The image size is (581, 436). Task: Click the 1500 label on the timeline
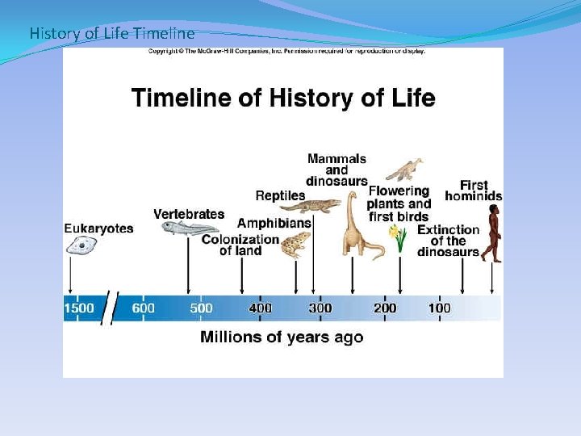click(x=79, y=308)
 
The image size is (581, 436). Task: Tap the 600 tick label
click(x=144, y=308)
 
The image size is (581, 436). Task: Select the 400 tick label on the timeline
click(x=260, y=308)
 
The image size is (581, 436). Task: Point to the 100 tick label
click(x=440, y=308)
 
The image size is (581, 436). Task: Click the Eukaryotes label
click(x=98, y=228)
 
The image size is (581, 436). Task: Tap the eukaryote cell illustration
click(x=82, y=245)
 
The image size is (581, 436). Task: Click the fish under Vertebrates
click(x=190, y=228)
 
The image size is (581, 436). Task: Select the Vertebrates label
click(x=189, y=214)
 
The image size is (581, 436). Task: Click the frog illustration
click(x=295, y=245)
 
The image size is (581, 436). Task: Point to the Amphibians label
click(x=274, y=223)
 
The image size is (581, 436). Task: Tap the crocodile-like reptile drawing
click(x=313, y=206)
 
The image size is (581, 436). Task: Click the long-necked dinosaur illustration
click(x=362, y=225)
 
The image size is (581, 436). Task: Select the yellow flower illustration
click(x=399, y=238)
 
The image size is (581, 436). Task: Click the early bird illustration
click(x=404, y=170)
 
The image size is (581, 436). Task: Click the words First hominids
click(x=474, y=191)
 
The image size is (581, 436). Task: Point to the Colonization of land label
click(x=240, y=245)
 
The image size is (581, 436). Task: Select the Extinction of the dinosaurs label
click(x=449, y=241)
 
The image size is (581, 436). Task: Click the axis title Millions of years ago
click(x=282, y=337)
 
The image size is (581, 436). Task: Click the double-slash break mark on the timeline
click(x=110, y=308)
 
